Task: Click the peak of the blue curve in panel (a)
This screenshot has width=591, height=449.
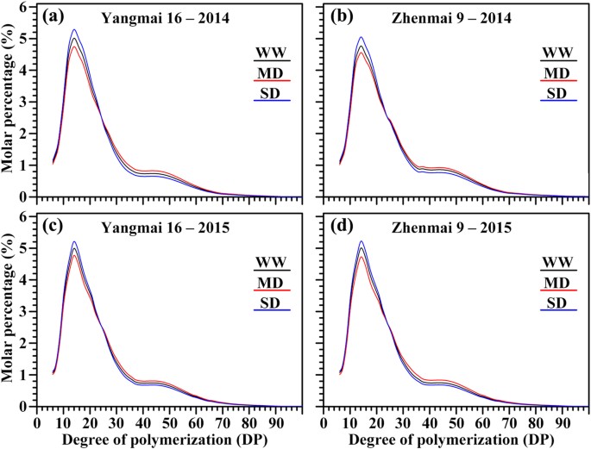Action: point(75,30)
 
